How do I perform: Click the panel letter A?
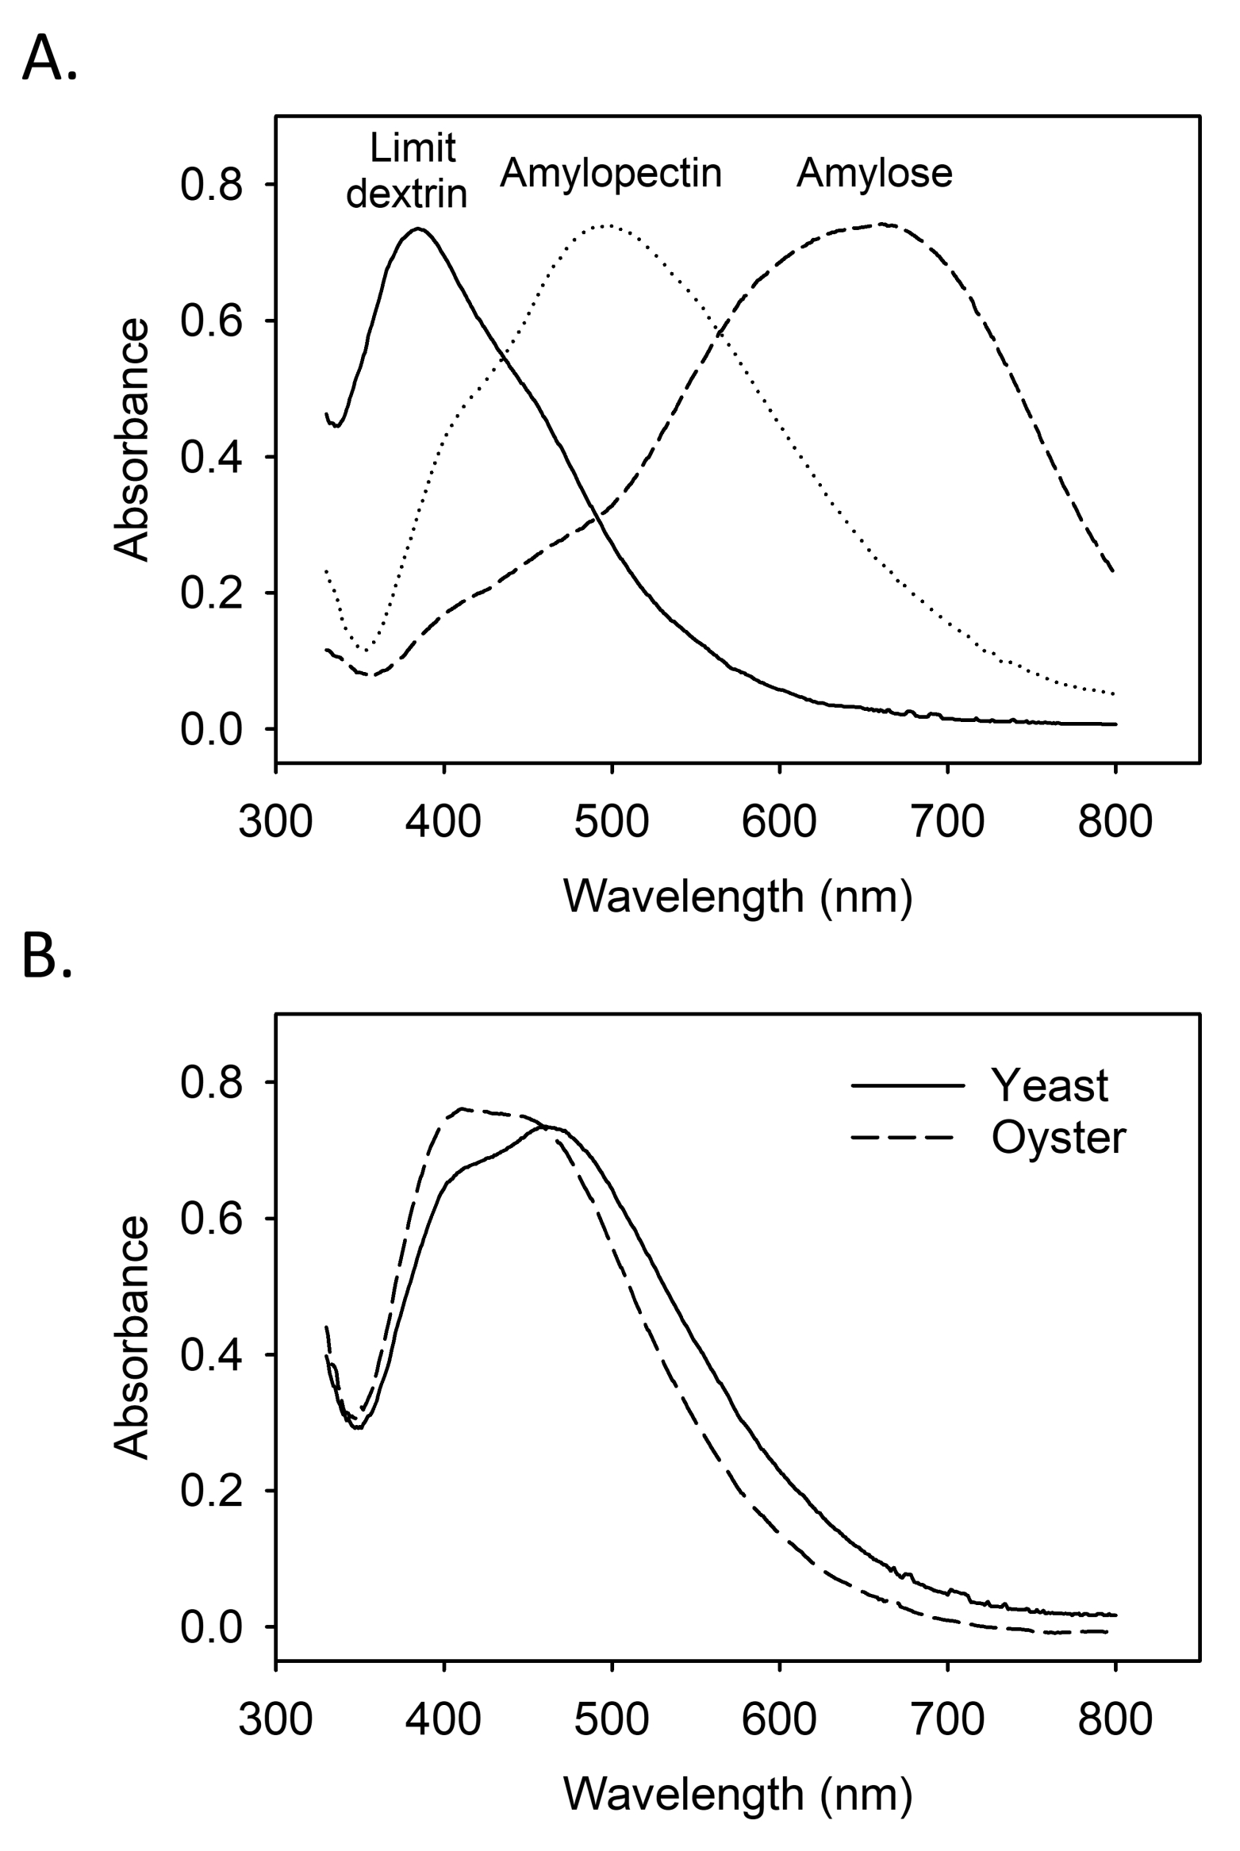point(49,59)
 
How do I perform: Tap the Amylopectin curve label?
point(610,173)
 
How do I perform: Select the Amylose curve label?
point(873,173)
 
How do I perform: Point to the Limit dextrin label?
point(407,171)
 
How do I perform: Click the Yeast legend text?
point(1048,1085)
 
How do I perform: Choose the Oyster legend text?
point(1058,1138)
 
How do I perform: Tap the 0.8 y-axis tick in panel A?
point(210,185)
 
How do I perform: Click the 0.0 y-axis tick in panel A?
point(210,729)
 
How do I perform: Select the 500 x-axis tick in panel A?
point(612,821)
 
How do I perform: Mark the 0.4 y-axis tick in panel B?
point(210,1355)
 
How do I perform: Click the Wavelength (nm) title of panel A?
point(738,897)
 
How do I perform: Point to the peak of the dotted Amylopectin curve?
point(606,225)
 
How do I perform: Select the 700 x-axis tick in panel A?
point(947,821)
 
